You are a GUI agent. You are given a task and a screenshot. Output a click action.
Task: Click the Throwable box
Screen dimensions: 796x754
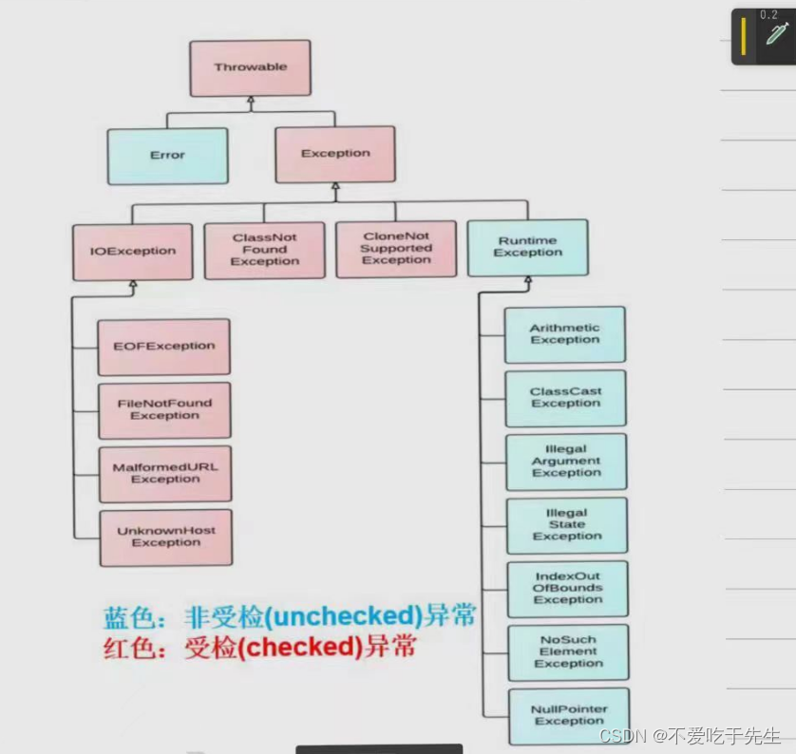(250, 68)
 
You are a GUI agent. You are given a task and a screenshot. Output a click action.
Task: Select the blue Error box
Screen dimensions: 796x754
(167, 156)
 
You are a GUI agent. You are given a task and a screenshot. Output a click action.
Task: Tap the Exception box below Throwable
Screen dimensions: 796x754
(335, 154)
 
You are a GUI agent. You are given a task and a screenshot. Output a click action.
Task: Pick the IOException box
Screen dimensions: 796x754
(132, 252)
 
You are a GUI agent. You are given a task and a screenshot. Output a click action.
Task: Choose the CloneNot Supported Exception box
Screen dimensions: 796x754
(396, 249)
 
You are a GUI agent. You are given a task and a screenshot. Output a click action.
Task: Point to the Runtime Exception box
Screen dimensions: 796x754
(527, 248)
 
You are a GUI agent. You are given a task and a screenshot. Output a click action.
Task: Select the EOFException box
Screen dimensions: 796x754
(164, 348)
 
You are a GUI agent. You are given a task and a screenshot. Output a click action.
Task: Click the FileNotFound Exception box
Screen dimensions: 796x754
(164, 410)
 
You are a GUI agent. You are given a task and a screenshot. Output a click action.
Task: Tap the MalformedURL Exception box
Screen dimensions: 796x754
(165, 474)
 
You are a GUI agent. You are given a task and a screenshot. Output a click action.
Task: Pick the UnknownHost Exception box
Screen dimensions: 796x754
(166, 537)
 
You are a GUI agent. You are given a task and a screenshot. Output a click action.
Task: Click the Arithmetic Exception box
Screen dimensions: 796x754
(564, 334)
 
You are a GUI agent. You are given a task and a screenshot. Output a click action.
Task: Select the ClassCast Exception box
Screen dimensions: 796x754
(565, 398)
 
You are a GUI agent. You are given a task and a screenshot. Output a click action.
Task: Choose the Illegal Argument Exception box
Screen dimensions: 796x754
(566, 462)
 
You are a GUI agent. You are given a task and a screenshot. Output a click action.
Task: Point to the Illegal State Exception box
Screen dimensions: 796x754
(567, 525)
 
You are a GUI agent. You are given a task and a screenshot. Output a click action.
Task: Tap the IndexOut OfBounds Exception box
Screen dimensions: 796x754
(568, 589)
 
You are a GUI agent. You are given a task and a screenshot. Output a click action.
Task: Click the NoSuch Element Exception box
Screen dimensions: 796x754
(568, 652)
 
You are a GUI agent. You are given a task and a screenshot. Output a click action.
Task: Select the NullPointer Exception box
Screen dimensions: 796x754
(569, 716)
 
